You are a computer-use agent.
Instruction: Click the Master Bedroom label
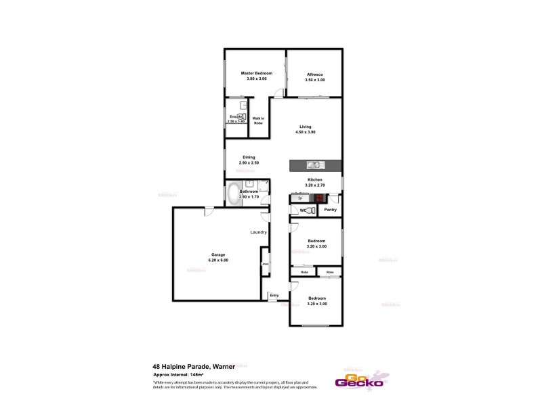[x=257, y=73]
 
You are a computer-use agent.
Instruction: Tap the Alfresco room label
[x=314, y=73]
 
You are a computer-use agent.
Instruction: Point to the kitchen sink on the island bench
[x=314, y=164]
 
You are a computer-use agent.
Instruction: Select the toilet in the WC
[x=308, y=211]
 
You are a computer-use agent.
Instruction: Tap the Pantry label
[x=331, y=210]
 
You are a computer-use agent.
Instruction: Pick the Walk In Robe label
[x=258, y=120]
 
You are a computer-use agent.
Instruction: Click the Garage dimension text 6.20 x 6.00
[x=219, y=261]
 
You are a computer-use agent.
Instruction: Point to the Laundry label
[x=258, y=232]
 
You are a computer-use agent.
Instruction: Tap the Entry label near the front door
[x=274, y=295]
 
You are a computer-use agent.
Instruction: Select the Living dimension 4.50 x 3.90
[x=306, y=133]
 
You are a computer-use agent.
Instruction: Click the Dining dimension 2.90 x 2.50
[x=249, y=163]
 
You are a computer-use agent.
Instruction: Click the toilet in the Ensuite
[x=241, y=116]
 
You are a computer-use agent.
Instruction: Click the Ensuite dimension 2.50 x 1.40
[x=235, y=121]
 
